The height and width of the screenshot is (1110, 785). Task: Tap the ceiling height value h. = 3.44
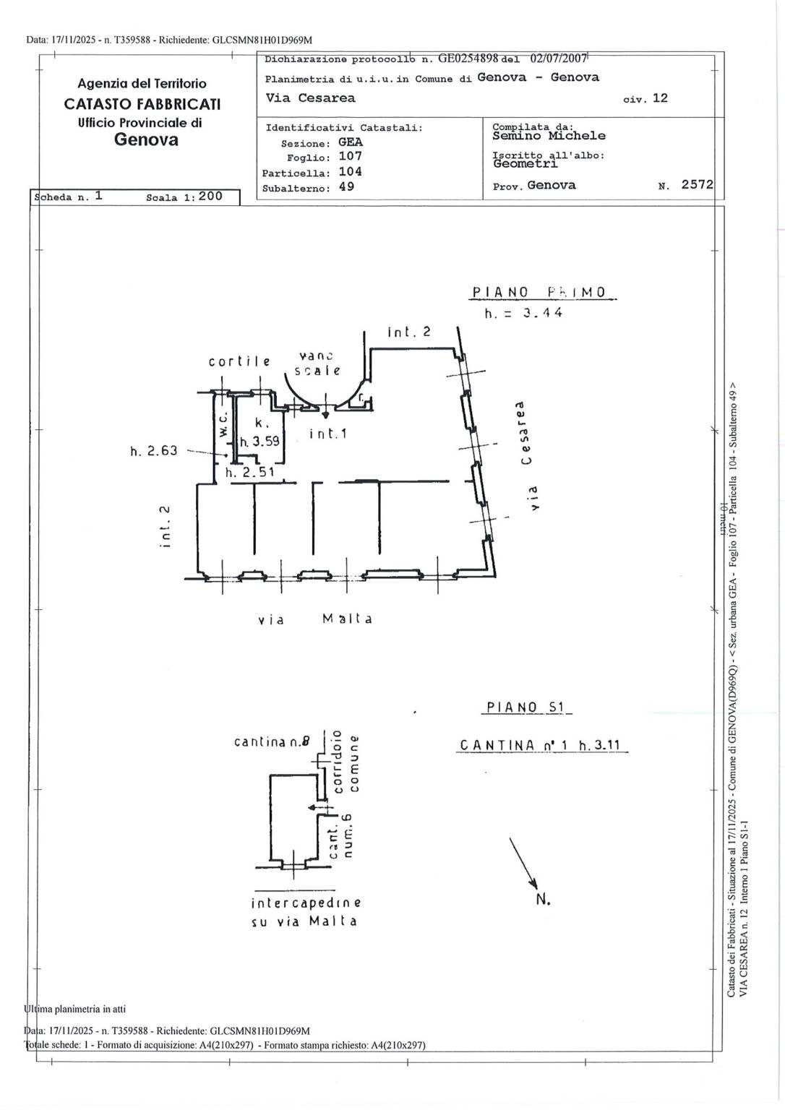523,313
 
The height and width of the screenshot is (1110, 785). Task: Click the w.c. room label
223,426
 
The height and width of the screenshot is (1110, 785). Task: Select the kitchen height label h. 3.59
259,441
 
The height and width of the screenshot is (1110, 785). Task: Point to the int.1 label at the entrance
328,434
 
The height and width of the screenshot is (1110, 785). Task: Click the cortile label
239,361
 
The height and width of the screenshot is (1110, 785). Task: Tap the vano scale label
317,363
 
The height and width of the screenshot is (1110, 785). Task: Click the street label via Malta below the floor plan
315,619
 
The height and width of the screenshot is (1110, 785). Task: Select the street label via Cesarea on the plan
527,455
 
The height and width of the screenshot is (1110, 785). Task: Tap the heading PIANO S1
525,707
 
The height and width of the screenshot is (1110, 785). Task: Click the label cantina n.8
272,741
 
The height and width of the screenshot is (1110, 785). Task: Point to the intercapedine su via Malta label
305,912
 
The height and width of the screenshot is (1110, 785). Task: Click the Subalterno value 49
346,186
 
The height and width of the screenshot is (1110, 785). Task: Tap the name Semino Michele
549,136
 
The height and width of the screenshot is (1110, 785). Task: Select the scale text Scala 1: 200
184,197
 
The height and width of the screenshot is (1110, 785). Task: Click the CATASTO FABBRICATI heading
142,103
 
